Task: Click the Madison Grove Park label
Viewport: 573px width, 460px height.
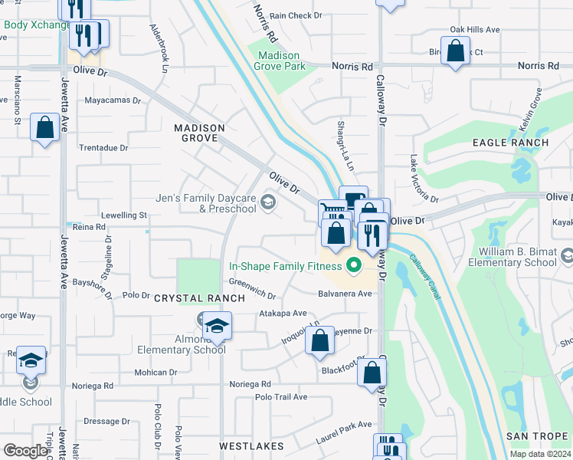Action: tap(282, 61)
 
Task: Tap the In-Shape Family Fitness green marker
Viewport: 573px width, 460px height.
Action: tap(354, 267)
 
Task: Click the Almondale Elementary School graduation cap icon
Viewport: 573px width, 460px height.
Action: tap(217, 327)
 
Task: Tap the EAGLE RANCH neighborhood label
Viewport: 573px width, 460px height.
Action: tap(510, 143)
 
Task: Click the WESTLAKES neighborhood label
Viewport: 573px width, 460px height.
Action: tap(251, 445)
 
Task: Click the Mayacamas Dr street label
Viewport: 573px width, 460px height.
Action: tap(113, 100)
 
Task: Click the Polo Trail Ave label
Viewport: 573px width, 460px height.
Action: tap(281, 397)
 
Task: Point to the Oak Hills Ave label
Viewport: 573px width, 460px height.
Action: tap(475, 30)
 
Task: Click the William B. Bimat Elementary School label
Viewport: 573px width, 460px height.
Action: tap(517, 257)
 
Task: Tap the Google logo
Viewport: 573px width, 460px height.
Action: tap(25, 450)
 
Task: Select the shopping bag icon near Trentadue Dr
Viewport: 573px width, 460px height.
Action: tap(44, 127)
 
